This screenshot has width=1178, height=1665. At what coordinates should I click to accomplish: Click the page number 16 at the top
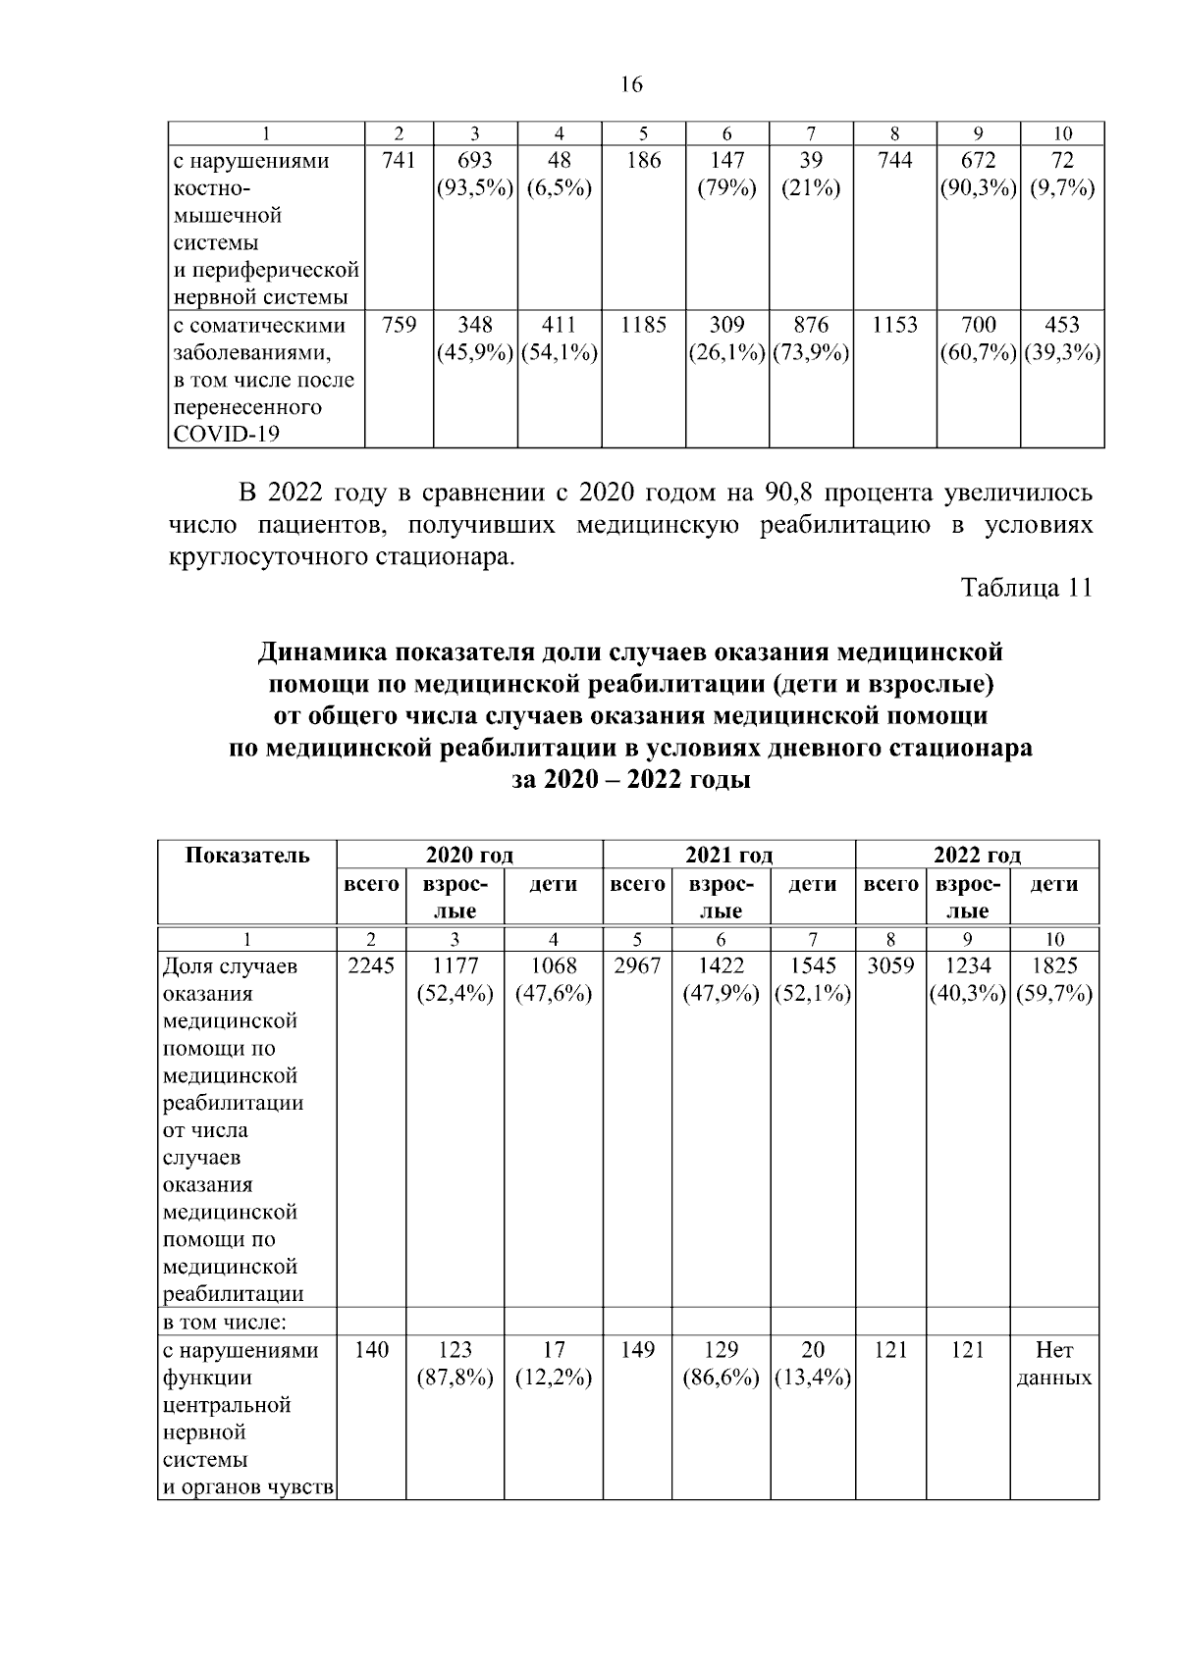[631, 85]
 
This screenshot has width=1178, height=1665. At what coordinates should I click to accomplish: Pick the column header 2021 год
[728, 855]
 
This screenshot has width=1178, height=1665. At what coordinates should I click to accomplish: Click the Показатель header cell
[247, 855]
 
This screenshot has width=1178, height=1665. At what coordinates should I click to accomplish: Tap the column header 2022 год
[977, 855]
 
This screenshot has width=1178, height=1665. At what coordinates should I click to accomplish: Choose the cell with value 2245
[371, 966]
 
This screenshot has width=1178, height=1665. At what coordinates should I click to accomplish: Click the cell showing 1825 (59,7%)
[1054, 980]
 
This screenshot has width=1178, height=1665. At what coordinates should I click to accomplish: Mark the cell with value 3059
[890, 966]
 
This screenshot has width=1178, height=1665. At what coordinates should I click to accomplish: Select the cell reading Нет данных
[1054, 1365]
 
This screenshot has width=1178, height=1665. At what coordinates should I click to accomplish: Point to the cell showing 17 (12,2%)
[553, 1365]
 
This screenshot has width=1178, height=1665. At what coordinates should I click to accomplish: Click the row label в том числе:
[224, 1322]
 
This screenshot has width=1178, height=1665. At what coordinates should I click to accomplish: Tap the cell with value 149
[637, 1351]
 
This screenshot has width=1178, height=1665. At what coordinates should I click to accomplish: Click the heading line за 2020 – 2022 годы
[631, 782]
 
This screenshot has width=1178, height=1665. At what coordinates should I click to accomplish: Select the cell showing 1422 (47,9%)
[721, 980]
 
